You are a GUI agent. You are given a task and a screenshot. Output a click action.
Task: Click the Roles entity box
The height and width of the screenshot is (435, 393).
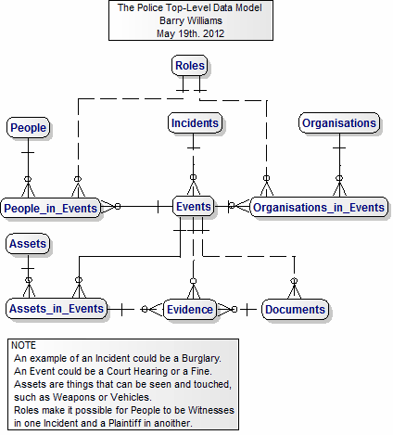coord(189,66)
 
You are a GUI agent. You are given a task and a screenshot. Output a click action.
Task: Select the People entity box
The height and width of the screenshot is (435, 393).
coord(28,127)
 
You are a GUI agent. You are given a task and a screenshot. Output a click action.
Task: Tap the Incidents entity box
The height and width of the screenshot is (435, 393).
coord(195,123)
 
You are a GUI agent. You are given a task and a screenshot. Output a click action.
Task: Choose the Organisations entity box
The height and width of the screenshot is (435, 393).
coord(339,123)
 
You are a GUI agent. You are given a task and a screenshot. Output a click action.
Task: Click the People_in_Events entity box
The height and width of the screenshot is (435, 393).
coord(50,208)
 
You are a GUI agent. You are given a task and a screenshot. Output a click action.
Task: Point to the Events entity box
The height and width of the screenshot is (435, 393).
coord(193,206)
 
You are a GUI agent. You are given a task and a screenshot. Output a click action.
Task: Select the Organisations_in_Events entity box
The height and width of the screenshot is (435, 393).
coord(319,207)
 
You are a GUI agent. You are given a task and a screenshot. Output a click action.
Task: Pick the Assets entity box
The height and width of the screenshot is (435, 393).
coord(28,244)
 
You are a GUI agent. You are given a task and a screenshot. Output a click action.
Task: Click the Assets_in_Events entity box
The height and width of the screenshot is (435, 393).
coord(57,309)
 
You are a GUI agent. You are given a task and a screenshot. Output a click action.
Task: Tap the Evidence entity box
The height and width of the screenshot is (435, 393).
coord(190,309)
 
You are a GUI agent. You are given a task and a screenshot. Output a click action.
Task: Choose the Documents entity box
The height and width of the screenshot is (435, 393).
coord(295,309)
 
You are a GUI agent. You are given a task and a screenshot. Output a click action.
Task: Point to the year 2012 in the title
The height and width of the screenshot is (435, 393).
coord(213,33)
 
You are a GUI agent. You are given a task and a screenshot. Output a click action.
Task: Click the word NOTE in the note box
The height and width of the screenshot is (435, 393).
coord(23,345)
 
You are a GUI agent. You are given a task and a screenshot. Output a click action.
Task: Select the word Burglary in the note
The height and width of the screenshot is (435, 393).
coord(201,358)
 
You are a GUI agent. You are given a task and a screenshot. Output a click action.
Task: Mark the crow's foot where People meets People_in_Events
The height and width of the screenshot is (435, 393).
coord(28,187)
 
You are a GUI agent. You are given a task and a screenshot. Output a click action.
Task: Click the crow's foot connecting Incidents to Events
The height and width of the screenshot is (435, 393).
coord(193,186)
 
